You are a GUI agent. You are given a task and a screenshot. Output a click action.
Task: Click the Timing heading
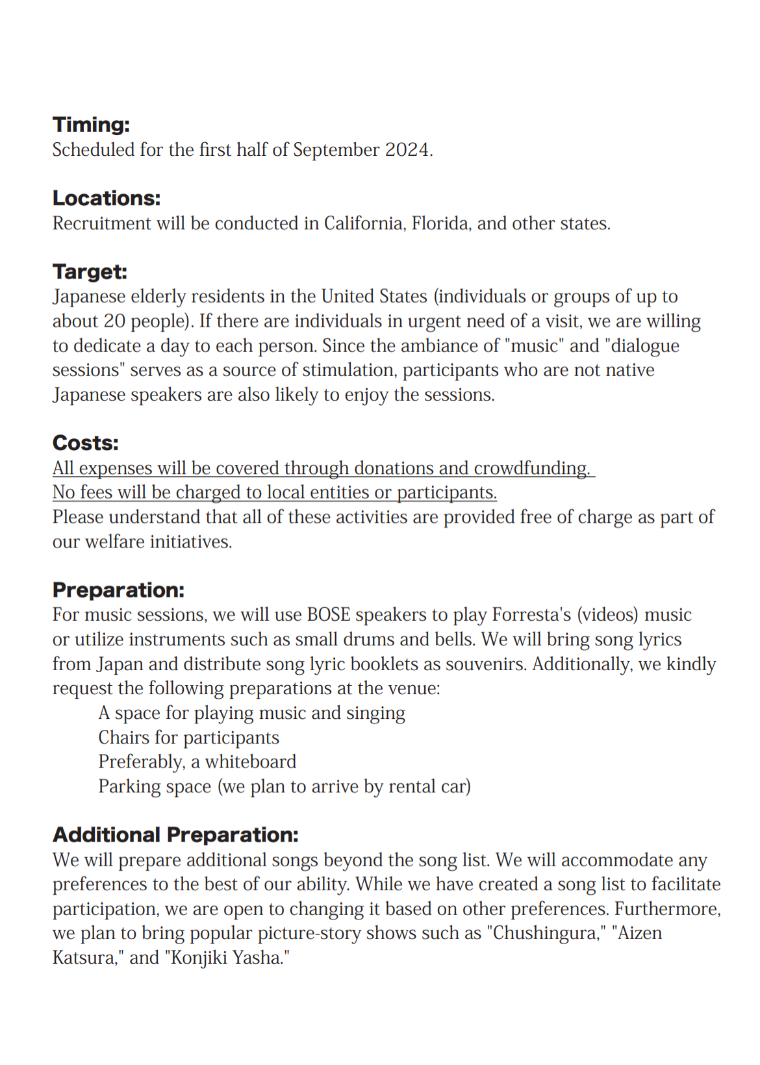click(x=91, y=125)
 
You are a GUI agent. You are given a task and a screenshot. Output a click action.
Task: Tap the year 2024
click(x=407, y=150)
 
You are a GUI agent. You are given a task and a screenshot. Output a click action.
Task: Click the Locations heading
click(x=106, y=198)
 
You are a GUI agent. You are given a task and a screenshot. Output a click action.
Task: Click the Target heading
click(x=90, y=271)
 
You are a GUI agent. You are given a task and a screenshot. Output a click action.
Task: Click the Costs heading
click(x=85, y=443)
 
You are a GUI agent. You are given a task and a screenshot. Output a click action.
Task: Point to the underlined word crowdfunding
click(x=531, y=468)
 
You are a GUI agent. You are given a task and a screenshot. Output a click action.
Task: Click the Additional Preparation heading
click(x=175, y=835)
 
